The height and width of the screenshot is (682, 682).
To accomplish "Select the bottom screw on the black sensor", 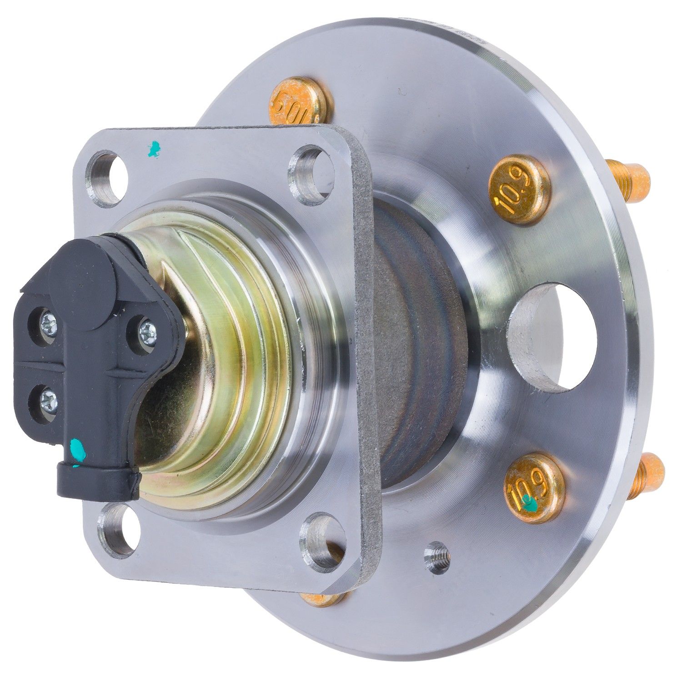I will [x=47, y=398].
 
